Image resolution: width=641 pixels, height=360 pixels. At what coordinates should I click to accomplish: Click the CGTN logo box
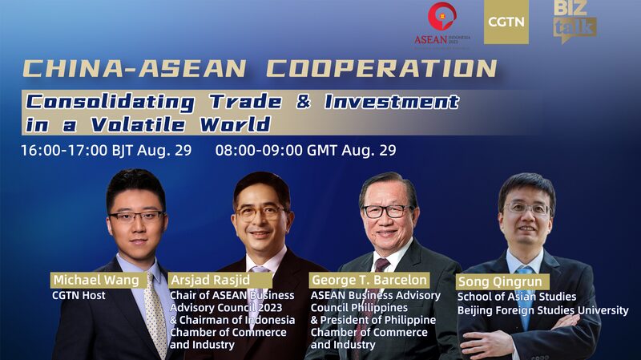[506, 22]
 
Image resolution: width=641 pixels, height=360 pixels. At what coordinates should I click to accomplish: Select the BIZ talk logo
[574, 20]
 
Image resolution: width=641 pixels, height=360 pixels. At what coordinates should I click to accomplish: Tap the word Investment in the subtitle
[392, 102]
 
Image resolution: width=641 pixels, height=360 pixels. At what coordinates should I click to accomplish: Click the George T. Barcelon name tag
[369, 280]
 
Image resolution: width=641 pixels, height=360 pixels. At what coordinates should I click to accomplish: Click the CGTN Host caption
[79, 296]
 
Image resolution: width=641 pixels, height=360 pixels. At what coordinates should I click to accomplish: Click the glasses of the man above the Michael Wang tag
[136, 216]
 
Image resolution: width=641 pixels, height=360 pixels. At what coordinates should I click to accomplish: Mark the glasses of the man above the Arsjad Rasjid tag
[260, 213]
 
